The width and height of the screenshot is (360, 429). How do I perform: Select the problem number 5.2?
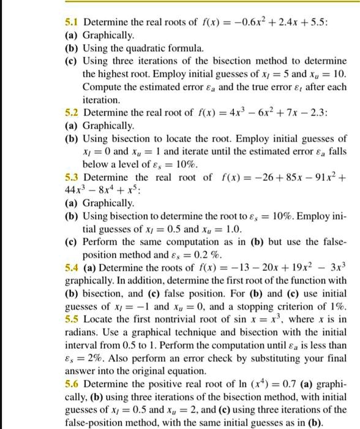(x=72, y=113)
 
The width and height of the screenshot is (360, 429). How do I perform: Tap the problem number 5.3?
(x=73, y=178)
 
